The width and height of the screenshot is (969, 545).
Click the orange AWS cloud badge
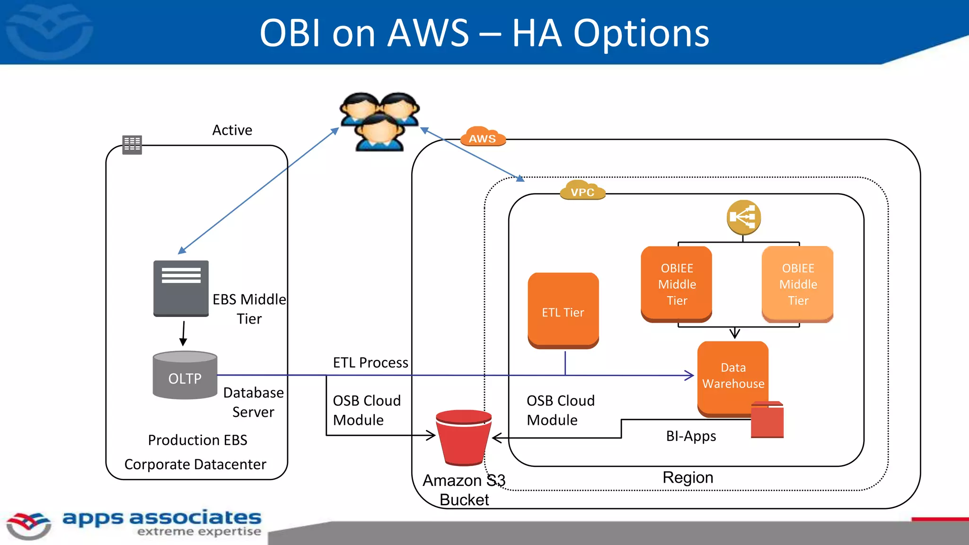tap(483, 137)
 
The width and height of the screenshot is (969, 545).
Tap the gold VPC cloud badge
tap(582, 190)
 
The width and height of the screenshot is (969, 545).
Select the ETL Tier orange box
tap(563, 311)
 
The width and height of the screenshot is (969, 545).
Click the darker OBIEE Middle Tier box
tap(677, 284)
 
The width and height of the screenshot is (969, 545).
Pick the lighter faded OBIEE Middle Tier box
tap(798, 284)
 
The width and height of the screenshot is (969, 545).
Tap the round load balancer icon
tap(743, 217)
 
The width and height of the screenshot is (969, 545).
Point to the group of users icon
tap(379, 121)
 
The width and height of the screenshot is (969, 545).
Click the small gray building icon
tap(132, 144)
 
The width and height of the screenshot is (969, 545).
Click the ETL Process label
tap(370, 363)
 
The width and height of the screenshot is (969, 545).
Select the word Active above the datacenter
tap(232, 130)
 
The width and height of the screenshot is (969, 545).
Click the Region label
tap(687, 477)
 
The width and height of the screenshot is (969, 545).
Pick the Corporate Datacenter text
tap(195, 465)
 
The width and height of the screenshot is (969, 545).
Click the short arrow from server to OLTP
tap(183, 334)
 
